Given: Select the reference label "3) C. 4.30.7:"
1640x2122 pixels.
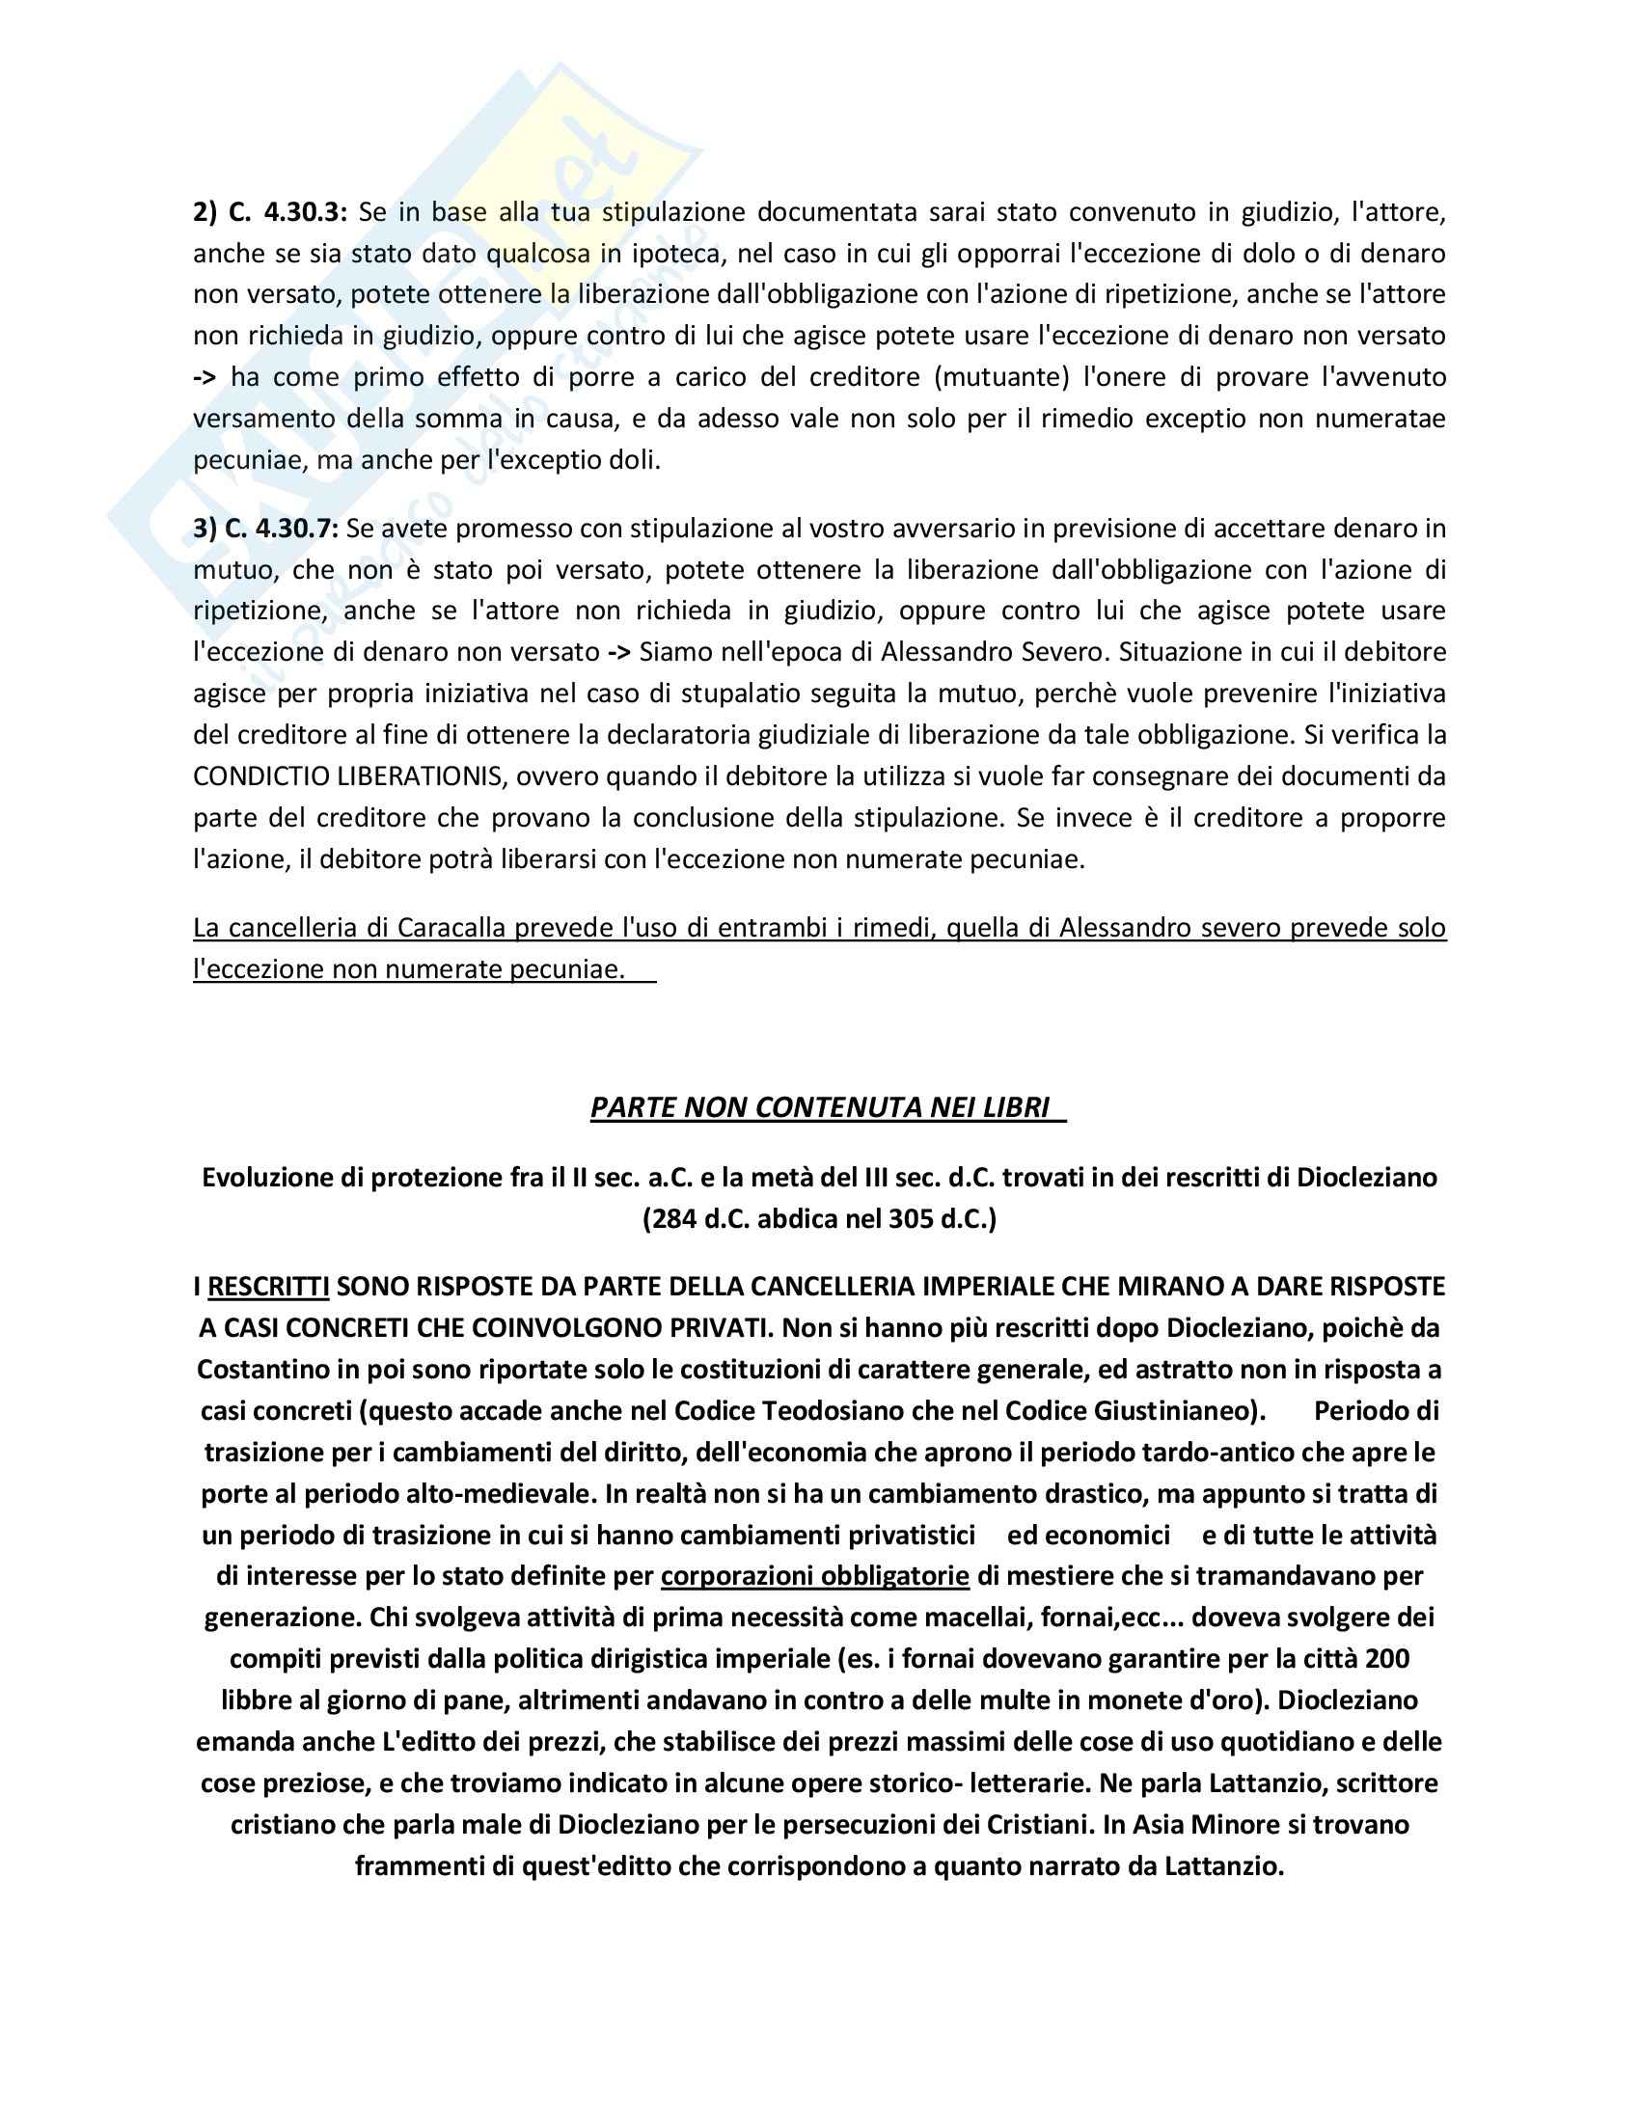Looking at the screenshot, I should click(x=265, y=529).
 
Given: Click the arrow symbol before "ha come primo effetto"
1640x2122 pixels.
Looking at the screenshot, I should click(x=205, y=377).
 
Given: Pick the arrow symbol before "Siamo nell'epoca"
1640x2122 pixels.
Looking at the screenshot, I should click(x=619, y=652).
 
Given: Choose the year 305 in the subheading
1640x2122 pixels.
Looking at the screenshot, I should click(x=913, y=1218).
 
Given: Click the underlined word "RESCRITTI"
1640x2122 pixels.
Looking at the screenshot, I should click(x=268, y=1287).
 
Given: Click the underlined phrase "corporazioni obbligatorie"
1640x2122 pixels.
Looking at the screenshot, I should click(x=814, y=1576).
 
